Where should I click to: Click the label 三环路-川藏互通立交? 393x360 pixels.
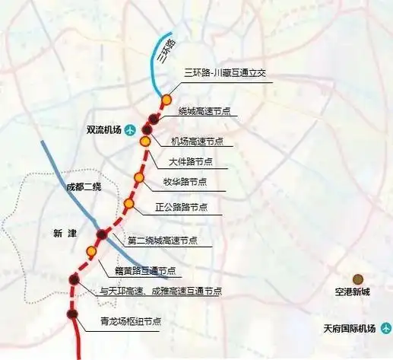pos(223,74)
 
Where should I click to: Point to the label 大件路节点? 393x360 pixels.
pos(190,161)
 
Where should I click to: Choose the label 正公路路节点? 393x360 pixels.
pos(182,206)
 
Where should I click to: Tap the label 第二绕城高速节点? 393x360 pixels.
pos(162,240)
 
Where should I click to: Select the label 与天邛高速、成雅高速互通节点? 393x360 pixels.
pos(161,291)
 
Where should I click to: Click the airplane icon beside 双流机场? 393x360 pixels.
pos(129,129)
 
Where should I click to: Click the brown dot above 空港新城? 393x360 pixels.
pos(358,279)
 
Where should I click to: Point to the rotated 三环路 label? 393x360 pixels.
pos(166,50)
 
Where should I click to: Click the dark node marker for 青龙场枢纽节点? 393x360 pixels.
pos(72,314)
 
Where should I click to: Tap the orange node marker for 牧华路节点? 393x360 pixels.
pos(138,177)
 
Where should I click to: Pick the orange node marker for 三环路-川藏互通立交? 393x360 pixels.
pos(166,99)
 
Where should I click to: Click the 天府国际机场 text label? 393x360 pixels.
pos(347,329)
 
